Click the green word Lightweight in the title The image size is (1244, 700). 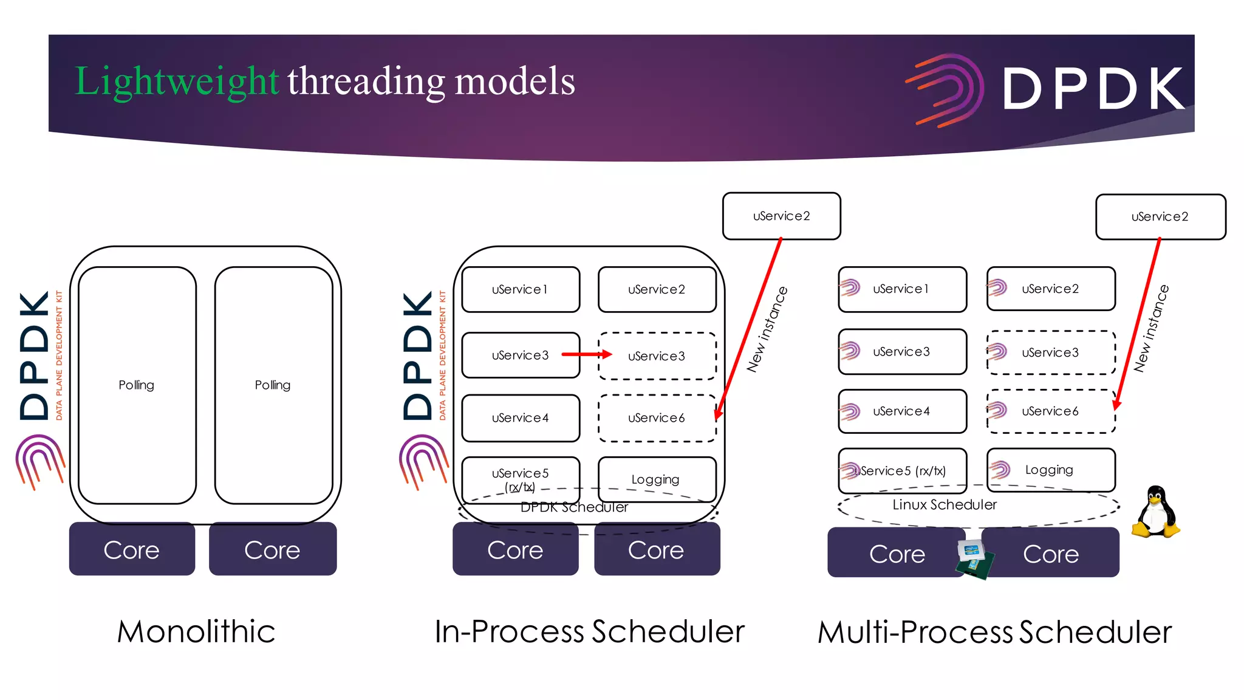(176, 81)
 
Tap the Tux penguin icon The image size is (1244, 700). (1156, 512)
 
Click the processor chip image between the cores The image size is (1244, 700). (974, 558)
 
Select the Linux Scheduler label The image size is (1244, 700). (944, 504)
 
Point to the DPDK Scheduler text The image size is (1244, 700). (574, 507)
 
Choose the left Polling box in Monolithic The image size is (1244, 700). (137, 385)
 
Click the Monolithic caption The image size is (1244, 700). (196, 631)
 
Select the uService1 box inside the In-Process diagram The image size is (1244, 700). (521, 289)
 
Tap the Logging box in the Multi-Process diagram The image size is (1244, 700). (1051, 470)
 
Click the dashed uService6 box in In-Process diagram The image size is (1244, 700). (657, 417)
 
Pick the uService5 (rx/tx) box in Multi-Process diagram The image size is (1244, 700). (902, 470)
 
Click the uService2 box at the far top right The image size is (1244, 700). (1160, 216)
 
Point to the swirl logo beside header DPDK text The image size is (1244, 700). (946, 90)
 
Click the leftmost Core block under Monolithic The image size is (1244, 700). (132, 549)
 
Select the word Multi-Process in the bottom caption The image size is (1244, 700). (915, 632)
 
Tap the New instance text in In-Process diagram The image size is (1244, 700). (767, 329)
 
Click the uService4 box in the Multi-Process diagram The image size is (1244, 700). (902, 411)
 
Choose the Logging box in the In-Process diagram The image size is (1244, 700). (656, 479)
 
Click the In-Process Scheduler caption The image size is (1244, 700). (589, 631)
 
